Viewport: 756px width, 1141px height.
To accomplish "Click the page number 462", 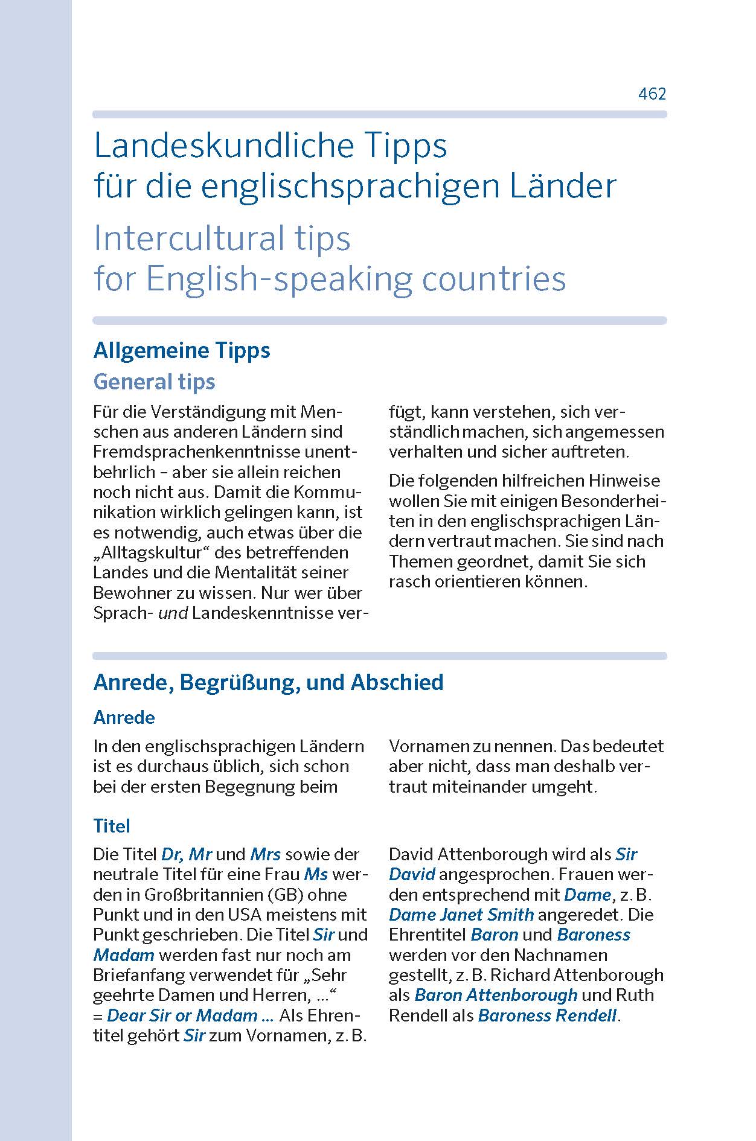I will click(x=652, y=94).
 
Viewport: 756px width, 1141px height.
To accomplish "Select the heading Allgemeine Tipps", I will click(x=182, y=350).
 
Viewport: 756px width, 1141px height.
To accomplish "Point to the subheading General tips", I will click(x=154, y=382).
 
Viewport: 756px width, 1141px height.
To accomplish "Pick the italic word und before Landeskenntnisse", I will click(x=173, y=613).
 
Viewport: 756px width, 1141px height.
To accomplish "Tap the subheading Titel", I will click(x=112, y=826).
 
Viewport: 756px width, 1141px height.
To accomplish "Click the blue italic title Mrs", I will click(x=266, y=854).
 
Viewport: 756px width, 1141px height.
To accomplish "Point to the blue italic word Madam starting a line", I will click(x=124, y=955).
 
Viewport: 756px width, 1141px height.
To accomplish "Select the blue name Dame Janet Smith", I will click(x=461, y=915).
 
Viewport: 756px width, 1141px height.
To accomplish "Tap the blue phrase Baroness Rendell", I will click(x=547, y=1015).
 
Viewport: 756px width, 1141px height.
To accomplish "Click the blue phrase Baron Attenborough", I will click(x=496, y=995).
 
